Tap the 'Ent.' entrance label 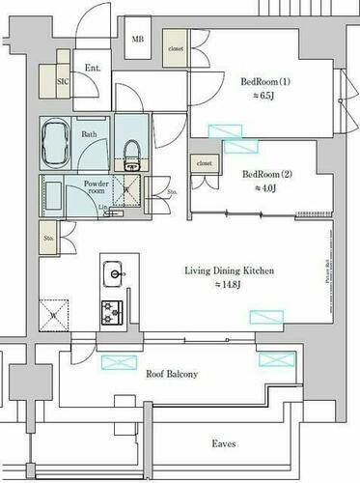click(93, 68)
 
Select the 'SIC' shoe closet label click(63, 83)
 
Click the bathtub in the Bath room click(57, 143)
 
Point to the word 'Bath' click(89, 135)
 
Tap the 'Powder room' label click(96, 187)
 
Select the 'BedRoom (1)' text click(266, 81)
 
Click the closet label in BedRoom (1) click(176, 48)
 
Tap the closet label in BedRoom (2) click(204, 164)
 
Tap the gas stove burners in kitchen click(113, 311)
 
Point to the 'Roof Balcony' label click(172, 374)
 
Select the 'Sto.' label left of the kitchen click(47, 235)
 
